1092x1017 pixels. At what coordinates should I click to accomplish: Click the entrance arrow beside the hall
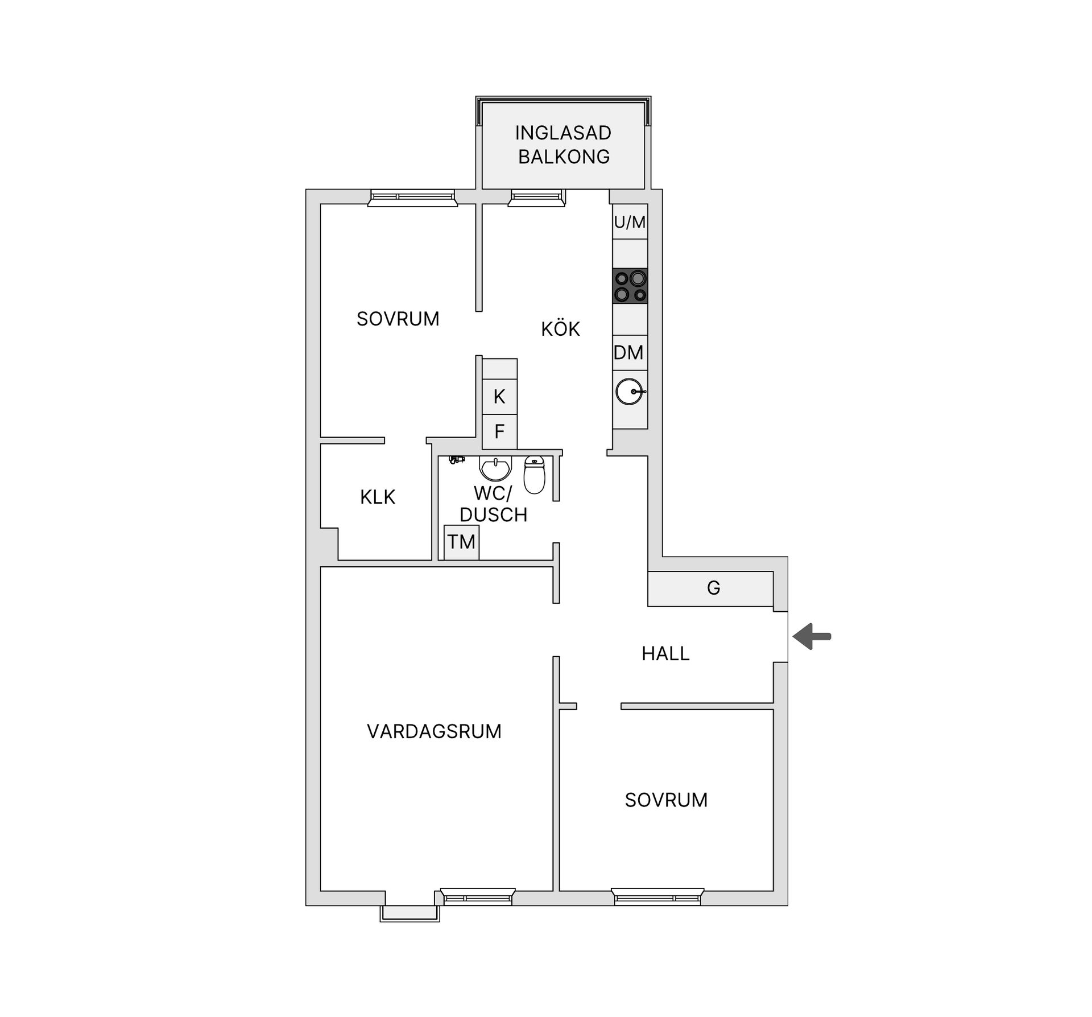(812, 636)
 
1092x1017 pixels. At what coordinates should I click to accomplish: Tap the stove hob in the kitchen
(630, 286)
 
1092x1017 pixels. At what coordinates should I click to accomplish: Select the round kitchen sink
(630, 392)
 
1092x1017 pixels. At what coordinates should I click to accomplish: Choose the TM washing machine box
(461, 542)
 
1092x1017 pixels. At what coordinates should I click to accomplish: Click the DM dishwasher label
(628, 353)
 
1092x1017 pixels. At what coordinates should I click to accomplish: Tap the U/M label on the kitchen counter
(630, 222)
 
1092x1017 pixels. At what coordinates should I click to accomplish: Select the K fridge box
(499, 397)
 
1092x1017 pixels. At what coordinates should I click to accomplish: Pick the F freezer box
(499, 432)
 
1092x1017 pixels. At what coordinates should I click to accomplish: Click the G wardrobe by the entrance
(713, 588)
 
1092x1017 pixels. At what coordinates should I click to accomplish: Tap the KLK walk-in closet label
(377, 497)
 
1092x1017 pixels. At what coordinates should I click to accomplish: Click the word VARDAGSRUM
(434, 731)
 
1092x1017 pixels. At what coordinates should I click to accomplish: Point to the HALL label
(665, 653)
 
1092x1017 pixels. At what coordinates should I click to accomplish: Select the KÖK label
(560, 329)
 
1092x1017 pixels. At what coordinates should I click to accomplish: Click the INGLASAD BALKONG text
(563, 145)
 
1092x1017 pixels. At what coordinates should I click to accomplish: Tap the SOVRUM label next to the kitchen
(398, 319)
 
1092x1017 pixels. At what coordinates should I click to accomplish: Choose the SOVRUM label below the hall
(666, 800)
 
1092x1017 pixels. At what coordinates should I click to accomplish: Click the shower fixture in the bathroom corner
(456, 459)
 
